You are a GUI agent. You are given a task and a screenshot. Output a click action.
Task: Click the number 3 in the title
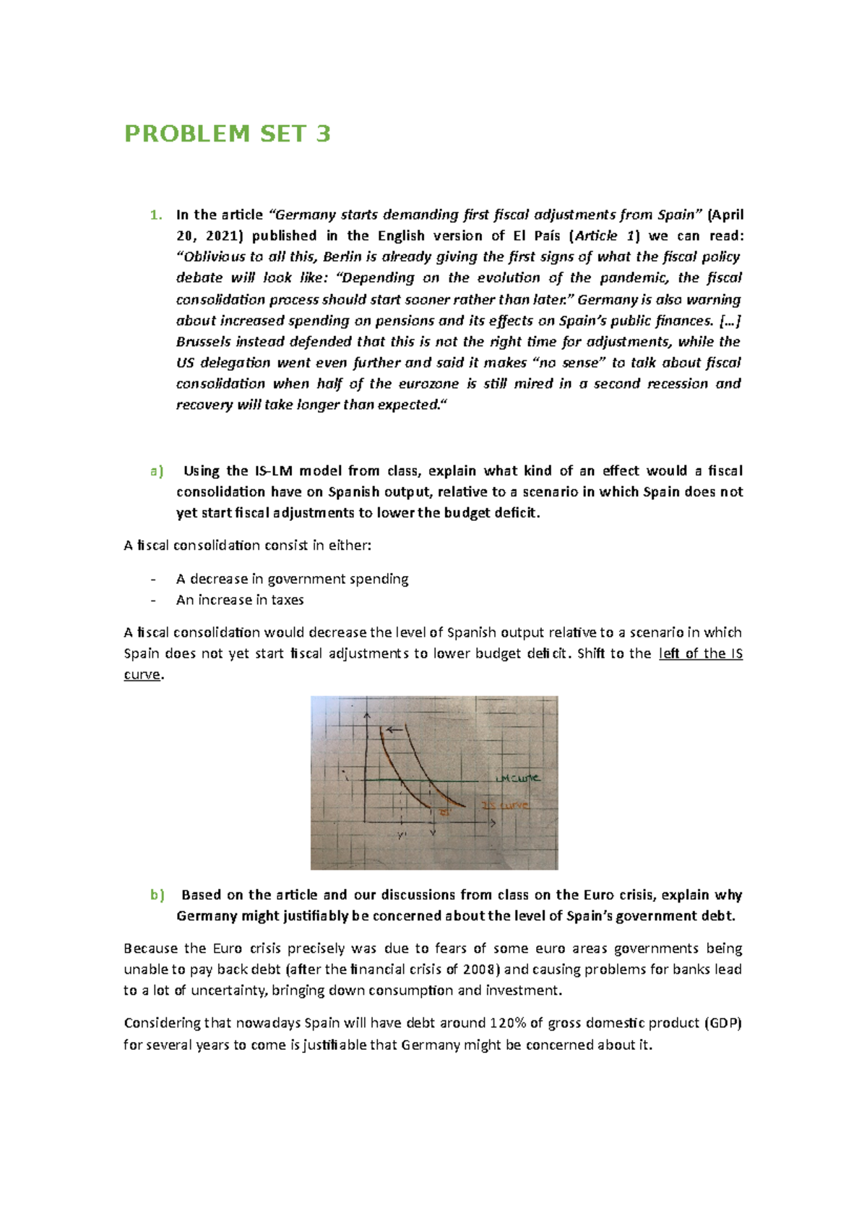323,134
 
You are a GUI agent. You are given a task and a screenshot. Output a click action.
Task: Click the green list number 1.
154,215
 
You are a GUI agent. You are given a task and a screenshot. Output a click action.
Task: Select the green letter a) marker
157,471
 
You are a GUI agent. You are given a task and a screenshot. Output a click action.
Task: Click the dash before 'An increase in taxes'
153,600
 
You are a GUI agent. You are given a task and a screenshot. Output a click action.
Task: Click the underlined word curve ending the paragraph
142,675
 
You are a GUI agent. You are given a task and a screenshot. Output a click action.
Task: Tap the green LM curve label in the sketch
517,778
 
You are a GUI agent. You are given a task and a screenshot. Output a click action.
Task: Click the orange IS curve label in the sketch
505,805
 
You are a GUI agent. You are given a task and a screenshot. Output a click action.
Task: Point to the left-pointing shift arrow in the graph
394,730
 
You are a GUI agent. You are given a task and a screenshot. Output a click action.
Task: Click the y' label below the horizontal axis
402,836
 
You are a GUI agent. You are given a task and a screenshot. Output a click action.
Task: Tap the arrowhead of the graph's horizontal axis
493,823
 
